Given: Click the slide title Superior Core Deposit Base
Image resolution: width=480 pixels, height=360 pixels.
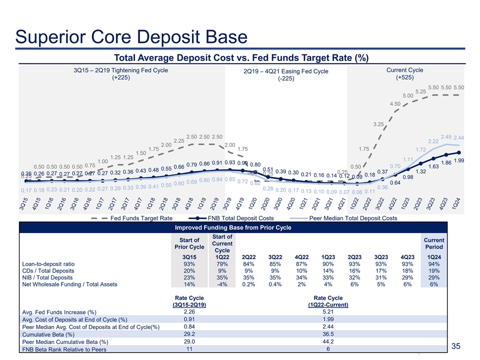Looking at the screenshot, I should point(131,36).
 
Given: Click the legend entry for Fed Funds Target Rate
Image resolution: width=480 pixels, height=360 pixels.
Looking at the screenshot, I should point(142,218).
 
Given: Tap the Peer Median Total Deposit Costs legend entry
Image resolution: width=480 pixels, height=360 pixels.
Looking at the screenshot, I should point(353,218).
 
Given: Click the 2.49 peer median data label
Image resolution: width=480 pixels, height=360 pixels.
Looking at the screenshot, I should point(446,136).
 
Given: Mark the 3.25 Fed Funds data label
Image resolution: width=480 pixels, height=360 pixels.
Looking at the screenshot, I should point(378,123).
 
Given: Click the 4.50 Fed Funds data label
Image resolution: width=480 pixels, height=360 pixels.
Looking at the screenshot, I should point(395,103).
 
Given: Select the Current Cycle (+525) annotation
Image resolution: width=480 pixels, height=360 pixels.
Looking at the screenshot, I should point(409,74).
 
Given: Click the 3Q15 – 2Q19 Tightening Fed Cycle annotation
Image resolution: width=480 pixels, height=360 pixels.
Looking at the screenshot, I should point(121,74).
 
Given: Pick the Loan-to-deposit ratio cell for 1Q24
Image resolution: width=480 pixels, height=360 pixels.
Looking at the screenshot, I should point(433,263).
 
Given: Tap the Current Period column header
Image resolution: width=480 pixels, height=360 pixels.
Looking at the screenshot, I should point(433,243).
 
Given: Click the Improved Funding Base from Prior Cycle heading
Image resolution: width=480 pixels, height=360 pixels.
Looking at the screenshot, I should point(233,228).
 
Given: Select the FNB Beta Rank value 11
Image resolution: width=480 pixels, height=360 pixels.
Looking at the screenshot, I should point(189,349).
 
